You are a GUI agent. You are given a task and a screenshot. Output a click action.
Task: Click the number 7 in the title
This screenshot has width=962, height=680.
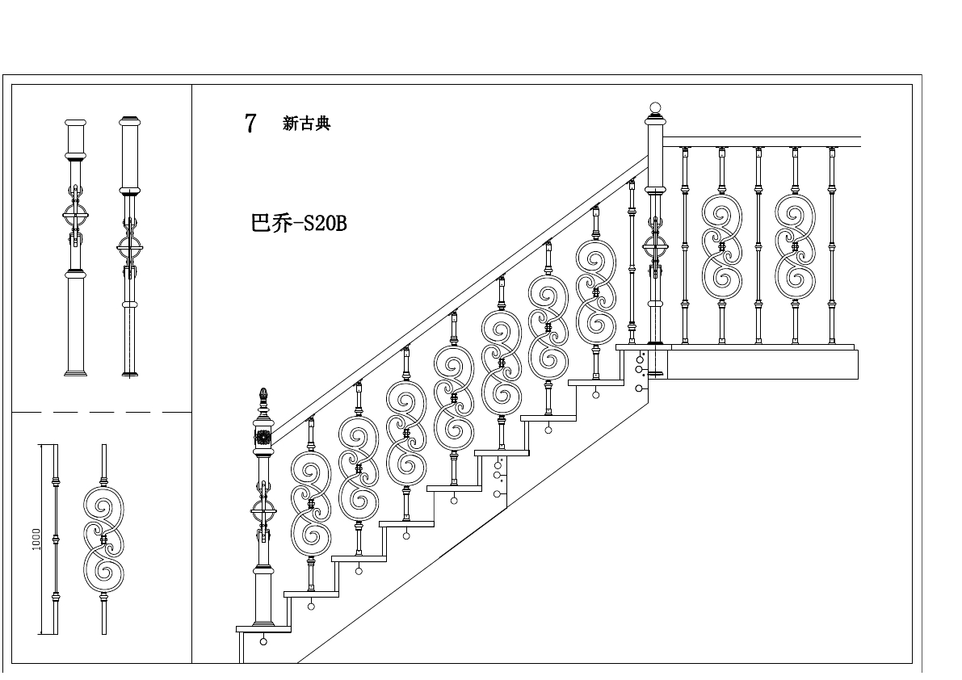click(250, 124)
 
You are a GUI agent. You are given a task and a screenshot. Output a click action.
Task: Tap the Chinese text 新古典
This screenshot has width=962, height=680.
click(306, 124)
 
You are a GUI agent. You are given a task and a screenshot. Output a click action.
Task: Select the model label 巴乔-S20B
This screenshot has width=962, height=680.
click(299, 224)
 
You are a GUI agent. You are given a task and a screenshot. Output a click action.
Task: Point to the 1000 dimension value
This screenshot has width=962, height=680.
click(36, 539)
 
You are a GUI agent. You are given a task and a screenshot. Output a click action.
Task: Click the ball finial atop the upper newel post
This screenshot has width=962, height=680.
click(655, 107)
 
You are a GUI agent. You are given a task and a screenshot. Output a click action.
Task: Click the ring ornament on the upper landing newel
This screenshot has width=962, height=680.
click(655, 246)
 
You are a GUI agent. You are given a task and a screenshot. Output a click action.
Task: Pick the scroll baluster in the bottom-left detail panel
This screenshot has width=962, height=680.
click(104, 539)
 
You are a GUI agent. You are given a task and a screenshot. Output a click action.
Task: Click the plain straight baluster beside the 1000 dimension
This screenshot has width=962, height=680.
click(56, 539)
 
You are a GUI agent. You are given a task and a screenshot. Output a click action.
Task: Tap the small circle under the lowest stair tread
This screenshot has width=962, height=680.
click(263, 643)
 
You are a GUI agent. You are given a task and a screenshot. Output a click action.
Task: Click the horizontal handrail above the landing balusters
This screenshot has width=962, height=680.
click(759, 142)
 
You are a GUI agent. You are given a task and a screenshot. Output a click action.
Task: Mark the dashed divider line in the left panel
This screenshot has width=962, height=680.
click(101, 412)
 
